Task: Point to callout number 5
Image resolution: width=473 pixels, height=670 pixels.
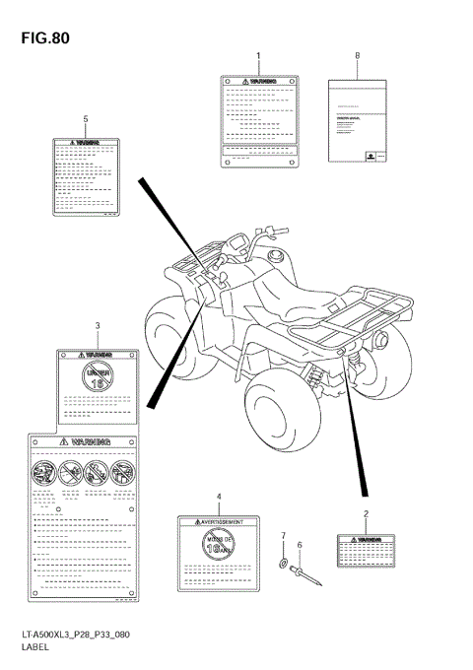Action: tap(86, 119)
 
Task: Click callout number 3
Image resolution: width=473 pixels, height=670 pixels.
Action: tap(97, 325)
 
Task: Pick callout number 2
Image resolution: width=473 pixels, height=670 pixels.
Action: tap(366, 513)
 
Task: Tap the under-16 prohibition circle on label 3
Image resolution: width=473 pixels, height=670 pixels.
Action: tap(97, 379)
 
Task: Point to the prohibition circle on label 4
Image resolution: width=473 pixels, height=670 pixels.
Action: tap(222, 546)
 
